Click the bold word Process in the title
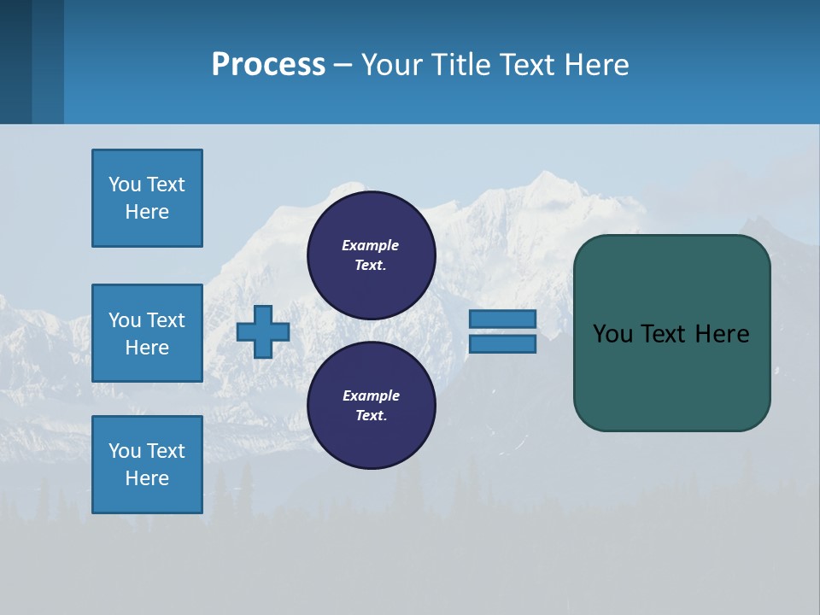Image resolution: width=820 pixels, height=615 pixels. click(268, 64)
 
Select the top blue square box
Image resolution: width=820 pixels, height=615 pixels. click(147, 198)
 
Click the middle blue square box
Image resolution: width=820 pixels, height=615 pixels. click(147, 333)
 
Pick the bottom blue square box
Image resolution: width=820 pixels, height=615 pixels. click(147, 465)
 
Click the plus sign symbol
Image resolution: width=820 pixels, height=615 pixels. click(263, 331)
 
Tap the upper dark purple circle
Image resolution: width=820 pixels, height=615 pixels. click(371, 255)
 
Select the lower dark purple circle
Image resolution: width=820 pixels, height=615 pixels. click(371, 405)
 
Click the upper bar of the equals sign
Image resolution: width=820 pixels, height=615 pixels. click(502, 319)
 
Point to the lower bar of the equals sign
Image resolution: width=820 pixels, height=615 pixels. click(502, 344)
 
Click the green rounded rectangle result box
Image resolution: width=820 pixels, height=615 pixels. click(671, 376)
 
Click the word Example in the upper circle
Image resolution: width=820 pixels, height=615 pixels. click(370, 245)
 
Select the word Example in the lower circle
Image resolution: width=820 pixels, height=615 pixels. click(371, 395)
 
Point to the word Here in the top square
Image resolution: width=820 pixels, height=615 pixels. click(147, 212)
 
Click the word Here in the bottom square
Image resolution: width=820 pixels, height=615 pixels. click(147, 478)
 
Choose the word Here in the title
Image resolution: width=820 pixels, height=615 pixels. click(595, 65)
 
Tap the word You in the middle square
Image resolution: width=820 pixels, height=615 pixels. click(123, 320)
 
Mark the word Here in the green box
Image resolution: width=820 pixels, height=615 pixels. click(722, 333)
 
